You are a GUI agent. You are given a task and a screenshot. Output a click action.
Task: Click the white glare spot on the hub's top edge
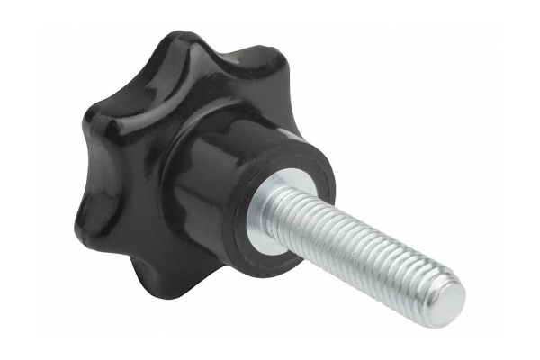tap(287, 136)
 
